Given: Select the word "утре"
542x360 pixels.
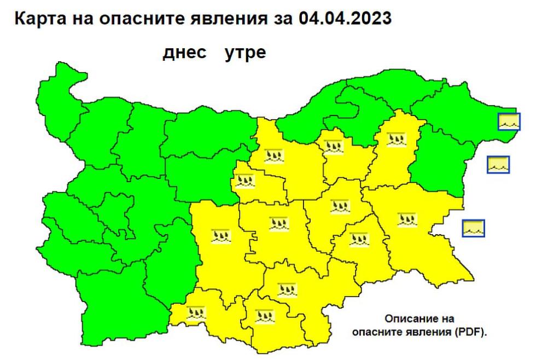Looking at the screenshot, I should [x=245, y=54].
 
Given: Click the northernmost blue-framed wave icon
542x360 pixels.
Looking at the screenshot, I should [x=509, y=121].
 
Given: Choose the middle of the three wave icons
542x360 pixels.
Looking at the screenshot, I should [x=498, y=164].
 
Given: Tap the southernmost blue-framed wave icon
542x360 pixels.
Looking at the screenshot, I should [x=473, y=228].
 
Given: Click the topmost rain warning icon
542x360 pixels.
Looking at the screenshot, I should [x=394, y=139].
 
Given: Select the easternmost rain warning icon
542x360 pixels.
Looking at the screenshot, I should [x=407, y=219].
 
